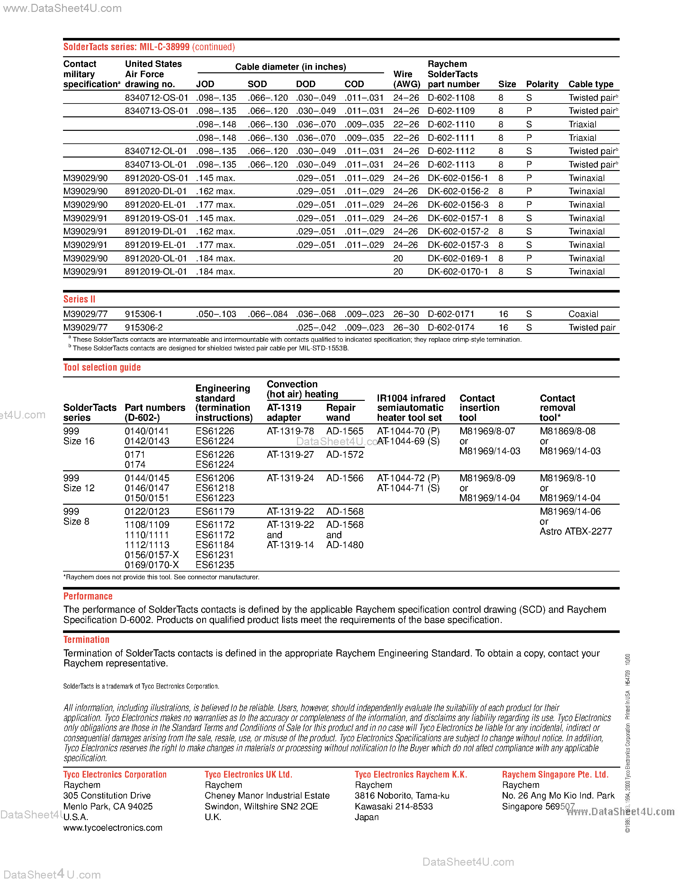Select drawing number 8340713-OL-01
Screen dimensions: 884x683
[156, 164]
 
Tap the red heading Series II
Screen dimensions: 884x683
[79, 299]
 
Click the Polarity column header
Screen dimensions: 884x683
[542, 84]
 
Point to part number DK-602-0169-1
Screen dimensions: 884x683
[458, 258]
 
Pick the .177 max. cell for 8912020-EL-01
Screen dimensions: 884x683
[215, 205]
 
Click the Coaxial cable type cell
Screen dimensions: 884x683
[583, 314]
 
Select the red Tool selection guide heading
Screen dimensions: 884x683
[102, 367]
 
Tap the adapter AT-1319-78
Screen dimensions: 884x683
[290, 431]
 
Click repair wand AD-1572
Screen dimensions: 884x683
[345, 455]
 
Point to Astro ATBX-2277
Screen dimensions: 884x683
[575, 531]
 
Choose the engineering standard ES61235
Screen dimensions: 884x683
[215, 565]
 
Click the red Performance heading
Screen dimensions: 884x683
[88, 596]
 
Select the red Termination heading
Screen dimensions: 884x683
[86, 639]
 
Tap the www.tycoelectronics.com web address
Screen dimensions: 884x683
[112, 828]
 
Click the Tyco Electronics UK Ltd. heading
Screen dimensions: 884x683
[248, 774]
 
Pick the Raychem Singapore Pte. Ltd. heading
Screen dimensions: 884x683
[555, 774]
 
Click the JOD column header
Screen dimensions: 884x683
[205, 84]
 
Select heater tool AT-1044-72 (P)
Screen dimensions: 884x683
[408, 478]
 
